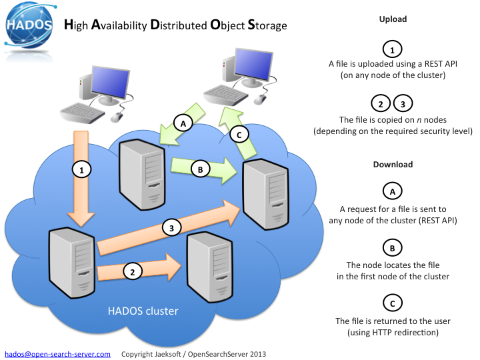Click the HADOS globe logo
click(27, 27)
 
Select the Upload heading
click(393, 19)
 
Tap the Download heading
click(393, 164)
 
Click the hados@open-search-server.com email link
click(58, 354)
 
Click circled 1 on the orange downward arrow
click(81, 171)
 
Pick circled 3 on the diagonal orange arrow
click(171, 228)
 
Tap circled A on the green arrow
click(183, 123)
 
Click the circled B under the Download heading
click(393, 248)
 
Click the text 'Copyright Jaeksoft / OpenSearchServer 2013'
click(197, 354)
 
